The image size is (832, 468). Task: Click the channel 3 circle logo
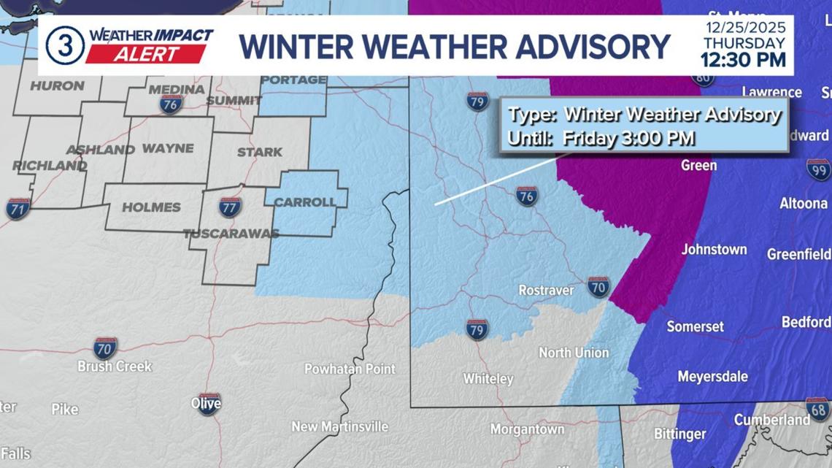coord(65,45)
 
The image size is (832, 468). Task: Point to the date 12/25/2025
coord(745,28)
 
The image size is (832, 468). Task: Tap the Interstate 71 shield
coord(18,209)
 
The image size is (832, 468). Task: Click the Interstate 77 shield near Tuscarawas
coord(230,207)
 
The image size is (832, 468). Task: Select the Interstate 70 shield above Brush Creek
coord(105,348)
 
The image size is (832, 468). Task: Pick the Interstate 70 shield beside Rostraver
coord(598,287)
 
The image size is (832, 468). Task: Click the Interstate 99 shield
coord(818,169)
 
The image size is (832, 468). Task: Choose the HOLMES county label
coord(151,207)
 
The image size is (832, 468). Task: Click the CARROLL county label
coord(304,202)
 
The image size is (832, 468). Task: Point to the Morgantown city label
coord(527,429)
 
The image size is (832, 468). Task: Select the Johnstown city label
coord(714,250)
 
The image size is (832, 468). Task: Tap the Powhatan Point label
coord(350,369)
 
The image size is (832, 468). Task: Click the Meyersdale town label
coord(712,377)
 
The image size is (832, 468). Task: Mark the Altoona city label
coord(803,204)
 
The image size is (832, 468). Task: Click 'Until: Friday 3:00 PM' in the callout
coord(601,138)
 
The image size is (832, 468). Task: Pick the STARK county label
coord(259,153)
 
